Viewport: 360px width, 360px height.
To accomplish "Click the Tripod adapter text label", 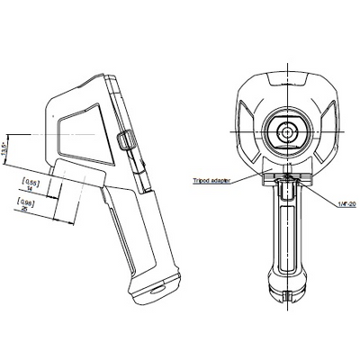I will coord(212,180).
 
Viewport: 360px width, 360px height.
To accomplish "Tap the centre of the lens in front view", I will coord(286,132).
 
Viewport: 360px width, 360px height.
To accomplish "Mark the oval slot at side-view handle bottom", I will coord(156,291).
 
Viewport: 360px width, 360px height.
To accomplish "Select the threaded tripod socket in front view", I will coord(286,190).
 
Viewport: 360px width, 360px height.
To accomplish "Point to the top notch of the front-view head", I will coord(286,79).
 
